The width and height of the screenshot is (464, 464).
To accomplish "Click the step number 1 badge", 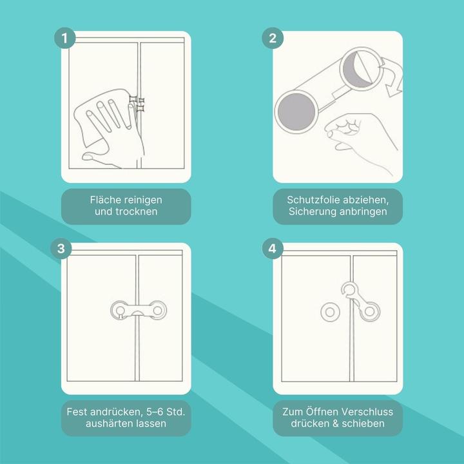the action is (x=65, y=38).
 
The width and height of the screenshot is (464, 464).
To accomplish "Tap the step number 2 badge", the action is (x=273, y=38).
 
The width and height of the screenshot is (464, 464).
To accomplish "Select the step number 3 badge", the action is (x=61, y=249).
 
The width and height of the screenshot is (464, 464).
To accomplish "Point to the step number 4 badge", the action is (x=273, y=249).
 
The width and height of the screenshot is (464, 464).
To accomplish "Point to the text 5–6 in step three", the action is (x=154, y=412).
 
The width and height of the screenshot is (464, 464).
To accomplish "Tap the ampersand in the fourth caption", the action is (x=335, y=423).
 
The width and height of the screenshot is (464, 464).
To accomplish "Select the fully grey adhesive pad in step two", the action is (x=296, y=111).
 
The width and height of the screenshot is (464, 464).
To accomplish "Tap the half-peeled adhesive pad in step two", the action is (x=360, y=69).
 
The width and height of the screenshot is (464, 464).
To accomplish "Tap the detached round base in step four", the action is (x=330, y=312).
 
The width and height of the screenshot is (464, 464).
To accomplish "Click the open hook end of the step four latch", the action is (x=349, y=289).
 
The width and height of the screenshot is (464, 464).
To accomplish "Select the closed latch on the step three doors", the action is (x=139, y=311).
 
